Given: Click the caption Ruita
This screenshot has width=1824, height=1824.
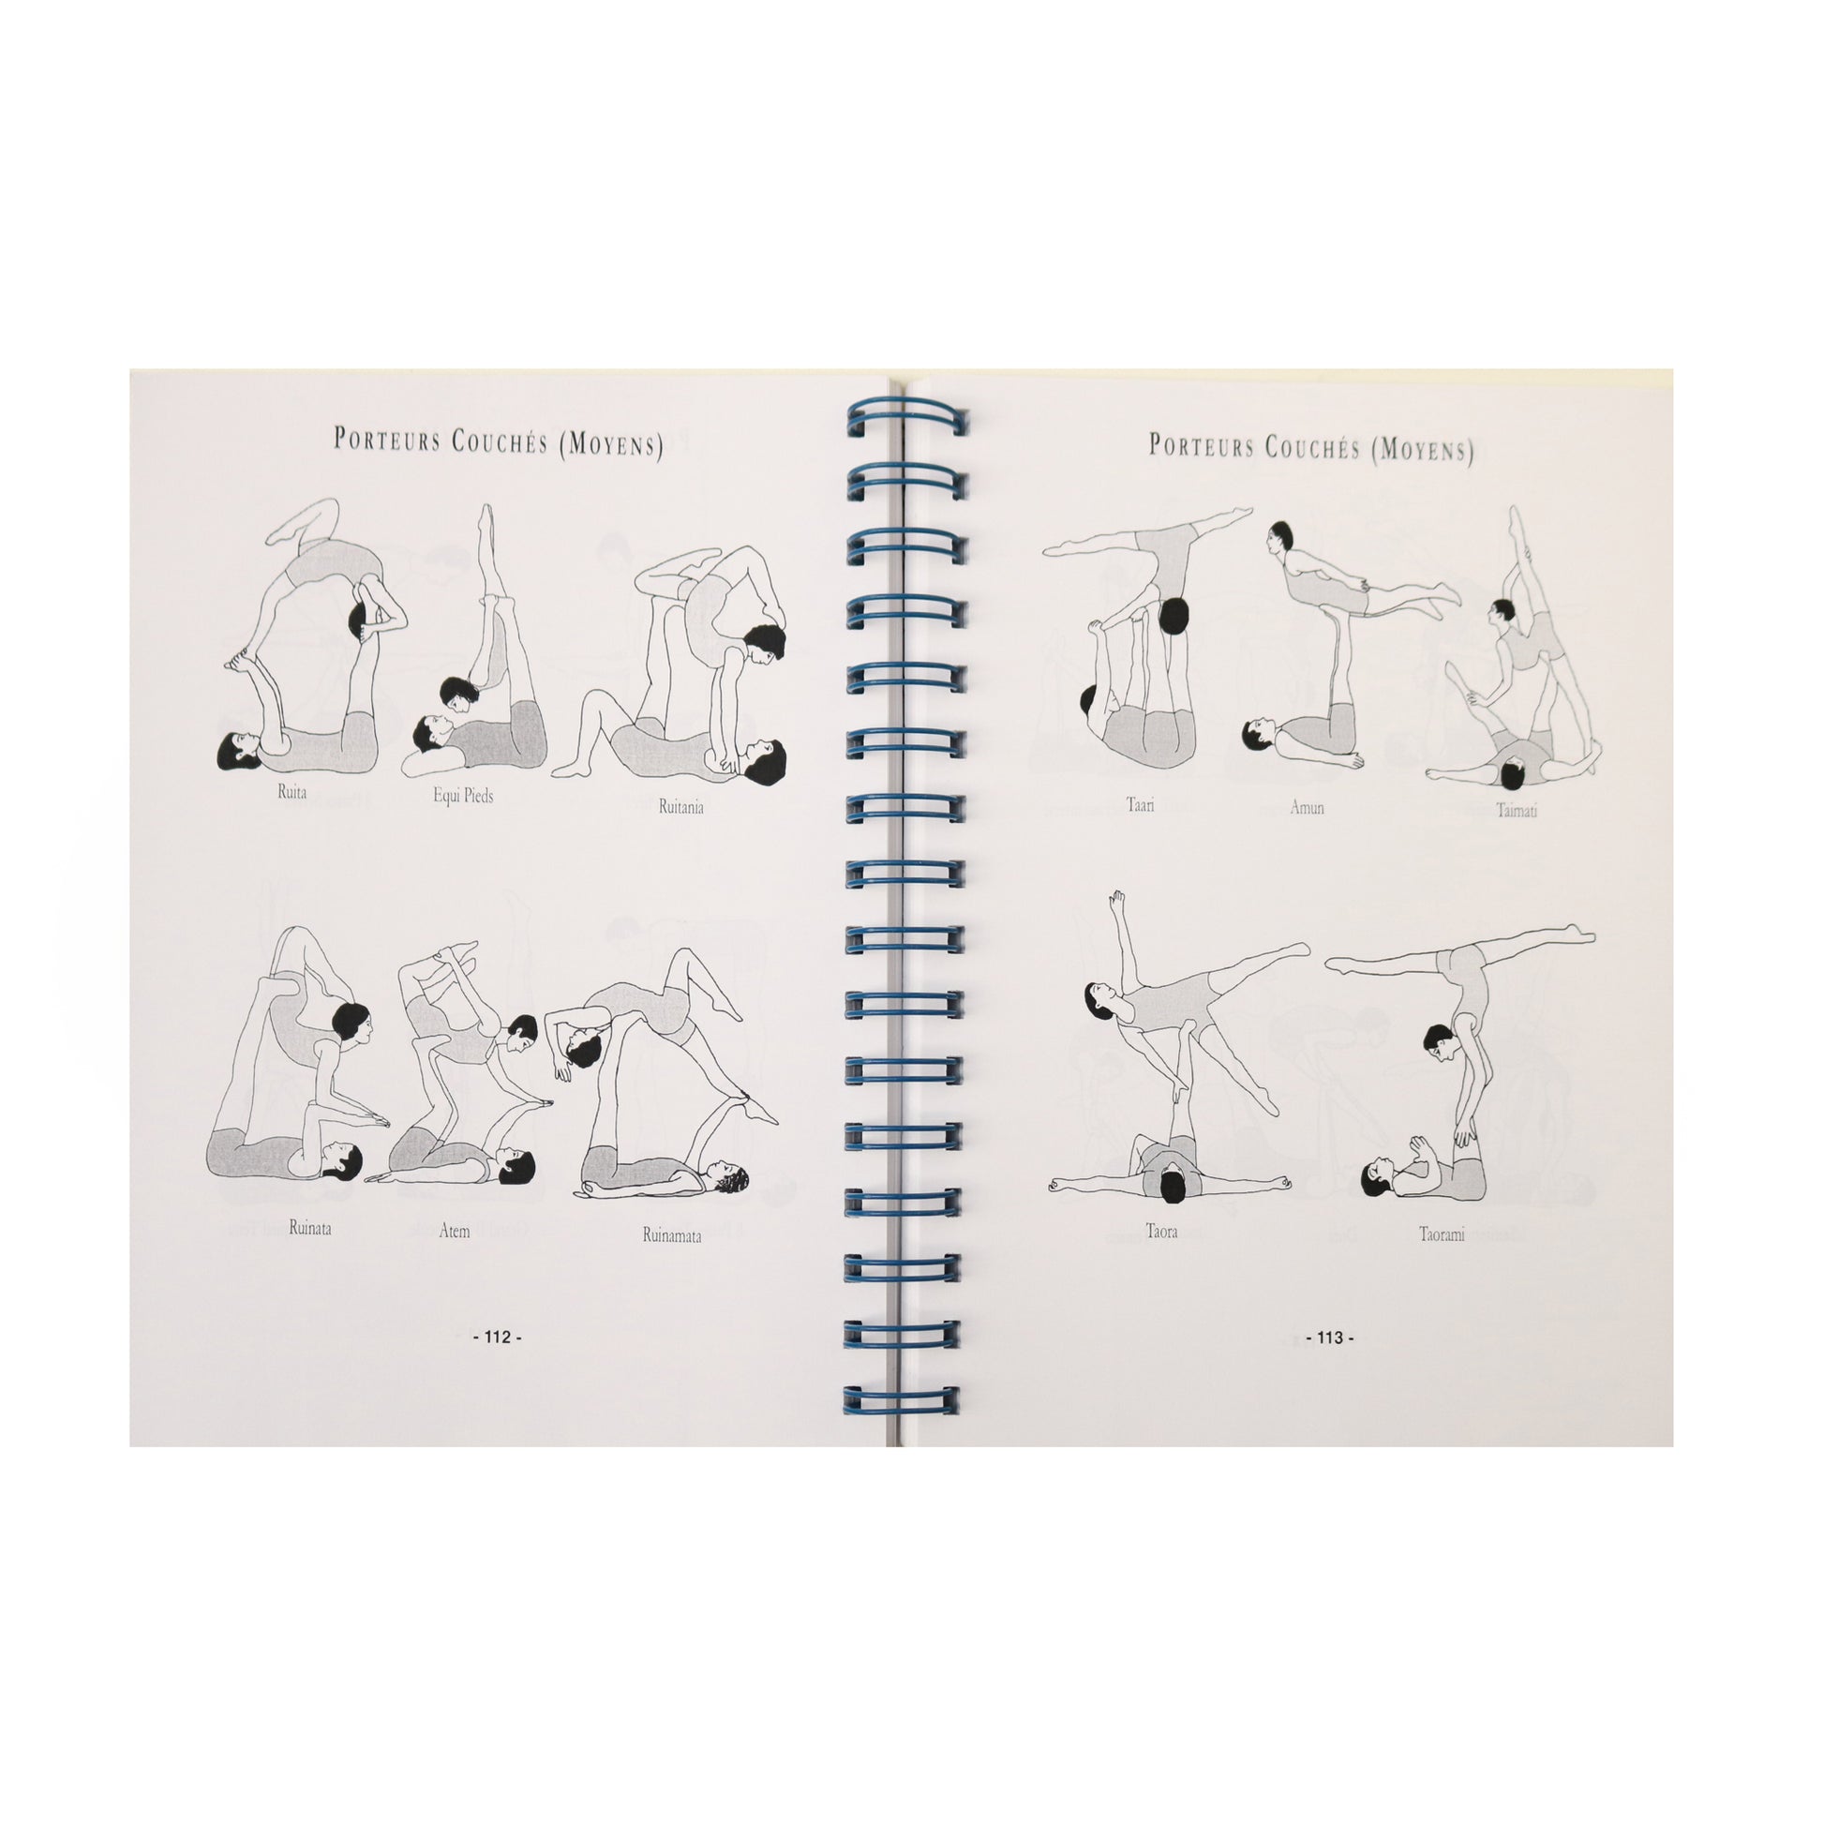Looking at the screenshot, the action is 292,792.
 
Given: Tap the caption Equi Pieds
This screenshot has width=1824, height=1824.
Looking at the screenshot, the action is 464,796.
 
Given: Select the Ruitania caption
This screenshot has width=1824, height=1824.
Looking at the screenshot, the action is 680,807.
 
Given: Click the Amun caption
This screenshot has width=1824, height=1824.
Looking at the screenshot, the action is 1307,808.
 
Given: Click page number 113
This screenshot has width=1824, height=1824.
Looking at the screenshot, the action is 1329,1337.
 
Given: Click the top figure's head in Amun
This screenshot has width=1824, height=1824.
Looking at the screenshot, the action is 1280,539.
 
